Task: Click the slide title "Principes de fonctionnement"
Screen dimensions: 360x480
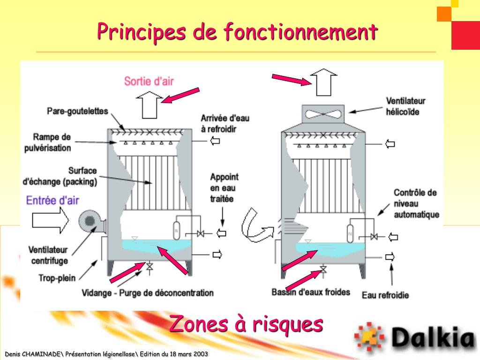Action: click(x=237, y=31)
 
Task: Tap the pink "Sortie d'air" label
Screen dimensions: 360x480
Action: click(x=149, y=81)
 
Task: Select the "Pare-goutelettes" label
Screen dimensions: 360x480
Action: click(x=77, y=112)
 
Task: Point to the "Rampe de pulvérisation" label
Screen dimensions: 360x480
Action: click(x=52, y=142)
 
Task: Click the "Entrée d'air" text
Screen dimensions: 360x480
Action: click(x=52, y=200)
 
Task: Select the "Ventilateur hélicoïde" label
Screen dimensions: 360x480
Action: click(x=405, y=106)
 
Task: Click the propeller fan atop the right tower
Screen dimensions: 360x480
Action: click(x=324, y=113)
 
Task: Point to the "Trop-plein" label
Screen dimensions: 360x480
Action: click(x=57, y=278)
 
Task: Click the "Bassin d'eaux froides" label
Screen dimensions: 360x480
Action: click(x=311, y=292)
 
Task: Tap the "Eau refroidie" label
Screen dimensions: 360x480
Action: click(x=385, y=295)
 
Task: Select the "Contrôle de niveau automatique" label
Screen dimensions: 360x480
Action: click(x=416, y=203)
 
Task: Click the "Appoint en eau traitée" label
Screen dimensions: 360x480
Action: click(x=224, y=187)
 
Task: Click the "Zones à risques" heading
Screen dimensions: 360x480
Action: click(x=246, y=323)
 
